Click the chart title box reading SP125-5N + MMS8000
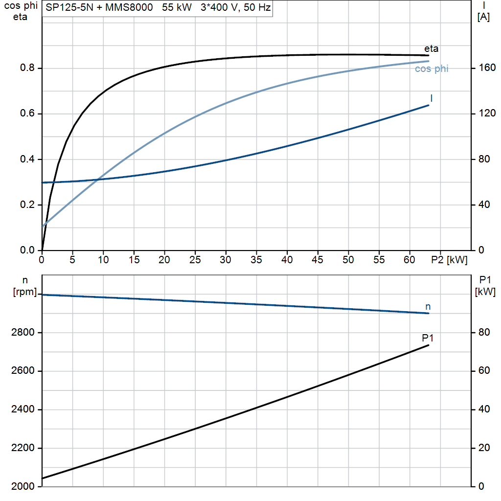tap(158, 8)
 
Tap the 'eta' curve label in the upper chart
tap(431, 48)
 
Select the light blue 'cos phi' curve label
tap(432, 68)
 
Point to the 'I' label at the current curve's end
tap(432, 98)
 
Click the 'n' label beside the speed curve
tap(428, 307)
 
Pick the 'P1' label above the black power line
tap(428, 338)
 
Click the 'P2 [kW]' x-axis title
tap(449, 260)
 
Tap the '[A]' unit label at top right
tap(483, 17)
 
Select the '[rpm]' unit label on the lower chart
tap(25, 292)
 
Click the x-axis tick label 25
tap(195, 260)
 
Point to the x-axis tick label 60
tap(410, 260)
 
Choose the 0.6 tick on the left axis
tap(27, 114)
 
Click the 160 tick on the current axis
tap(487, 68)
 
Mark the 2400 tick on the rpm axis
tap(23, 410)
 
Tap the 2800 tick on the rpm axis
tap(23, 333)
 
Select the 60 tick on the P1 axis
tap(484, 371)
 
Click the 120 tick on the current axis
tap(487, 114)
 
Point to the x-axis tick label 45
tap(318, 260)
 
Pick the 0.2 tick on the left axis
tap(27, 205)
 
